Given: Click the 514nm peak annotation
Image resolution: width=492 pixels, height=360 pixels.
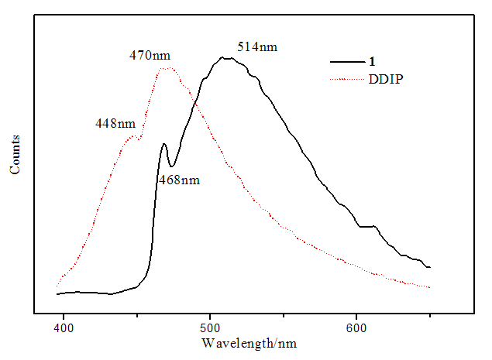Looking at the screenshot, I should coord(256,46).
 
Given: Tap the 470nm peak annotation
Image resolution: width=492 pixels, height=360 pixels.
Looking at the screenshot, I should coord(150,55).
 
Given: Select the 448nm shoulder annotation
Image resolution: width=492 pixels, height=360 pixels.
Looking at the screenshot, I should coord(115,123).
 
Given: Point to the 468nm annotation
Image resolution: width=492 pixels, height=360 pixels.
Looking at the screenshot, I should coord(178,180).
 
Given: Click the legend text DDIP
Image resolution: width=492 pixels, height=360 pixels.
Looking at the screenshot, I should coord(387,78).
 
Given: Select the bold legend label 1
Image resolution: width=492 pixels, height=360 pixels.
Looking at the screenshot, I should coord(372,60).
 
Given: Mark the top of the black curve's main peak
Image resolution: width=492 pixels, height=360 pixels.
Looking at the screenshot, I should coord(224,57).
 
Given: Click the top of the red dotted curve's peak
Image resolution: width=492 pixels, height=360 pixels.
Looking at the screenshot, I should coord(167,68).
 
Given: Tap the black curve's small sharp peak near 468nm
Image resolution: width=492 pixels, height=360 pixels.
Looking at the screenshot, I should coord(163,143).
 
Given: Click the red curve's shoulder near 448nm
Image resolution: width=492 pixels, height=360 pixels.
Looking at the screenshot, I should coord(133,137).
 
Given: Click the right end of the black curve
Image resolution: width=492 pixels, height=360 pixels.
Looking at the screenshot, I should coord(429,267).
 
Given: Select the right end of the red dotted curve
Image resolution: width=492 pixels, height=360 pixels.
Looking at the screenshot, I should coord(429,287).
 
